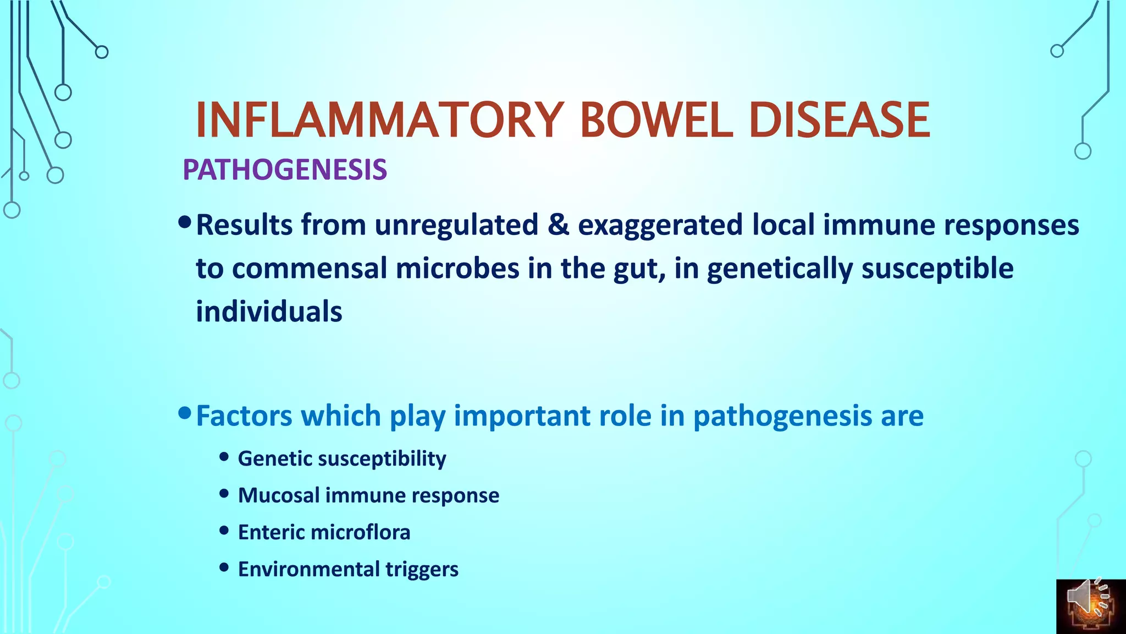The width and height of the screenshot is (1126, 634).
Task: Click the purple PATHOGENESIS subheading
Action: coord(285,170)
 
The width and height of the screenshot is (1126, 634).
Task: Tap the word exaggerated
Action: coord(660,226)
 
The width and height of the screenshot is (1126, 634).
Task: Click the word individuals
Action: coord(269,311)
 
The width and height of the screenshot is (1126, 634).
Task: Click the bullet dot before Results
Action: coord(185,222)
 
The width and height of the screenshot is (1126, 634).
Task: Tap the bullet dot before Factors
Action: coord(185,413)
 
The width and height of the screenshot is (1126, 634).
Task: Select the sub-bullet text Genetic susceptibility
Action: coord(341,458)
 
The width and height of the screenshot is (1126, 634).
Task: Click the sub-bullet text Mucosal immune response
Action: coord(368,495)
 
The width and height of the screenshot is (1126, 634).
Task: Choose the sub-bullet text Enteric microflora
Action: coord(324,532)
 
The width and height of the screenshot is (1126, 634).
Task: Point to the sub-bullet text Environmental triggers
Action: coord(348,569)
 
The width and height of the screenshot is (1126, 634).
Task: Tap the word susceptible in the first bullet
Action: coord(937,269)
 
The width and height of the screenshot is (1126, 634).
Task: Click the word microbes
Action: coord(457,269)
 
